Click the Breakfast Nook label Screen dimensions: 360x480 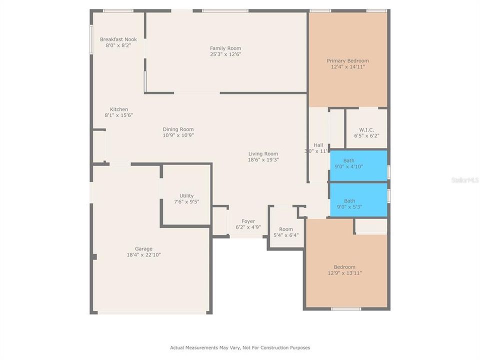click(118, 39)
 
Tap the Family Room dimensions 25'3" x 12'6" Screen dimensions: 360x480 click(225, 54)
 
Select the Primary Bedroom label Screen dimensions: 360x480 click(347, 61)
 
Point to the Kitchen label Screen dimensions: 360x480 click(119, 109)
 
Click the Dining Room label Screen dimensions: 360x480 click(178, 129)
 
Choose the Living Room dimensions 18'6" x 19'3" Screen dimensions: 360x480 click(263, 160)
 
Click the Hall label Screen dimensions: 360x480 click(318, 145)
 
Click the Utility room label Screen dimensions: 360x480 click(186, 196)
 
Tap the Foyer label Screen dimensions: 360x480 click(248, 221)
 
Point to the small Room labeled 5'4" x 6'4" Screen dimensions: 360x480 click(286, 232)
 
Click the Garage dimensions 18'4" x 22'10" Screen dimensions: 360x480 click(143, 255)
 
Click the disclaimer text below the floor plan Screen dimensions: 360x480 click(240, 347)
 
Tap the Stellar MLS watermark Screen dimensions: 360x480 click(465, 179)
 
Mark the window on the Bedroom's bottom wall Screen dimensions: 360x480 click(346, 309)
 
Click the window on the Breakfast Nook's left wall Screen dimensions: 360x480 click(91, 39)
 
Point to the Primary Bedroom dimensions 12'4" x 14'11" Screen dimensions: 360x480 click(347, 67)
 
